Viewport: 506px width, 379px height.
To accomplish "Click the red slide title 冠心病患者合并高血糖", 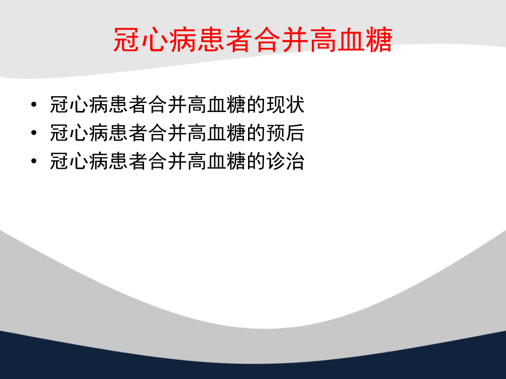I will (253, 40).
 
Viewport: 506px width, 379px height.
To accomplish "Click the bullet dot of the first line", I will (35, 105).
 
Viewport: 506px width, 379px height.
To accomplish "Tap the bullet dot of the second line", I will (35, 133).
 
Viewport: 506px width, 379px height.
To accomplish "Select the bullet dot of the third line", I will (35, 162).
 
